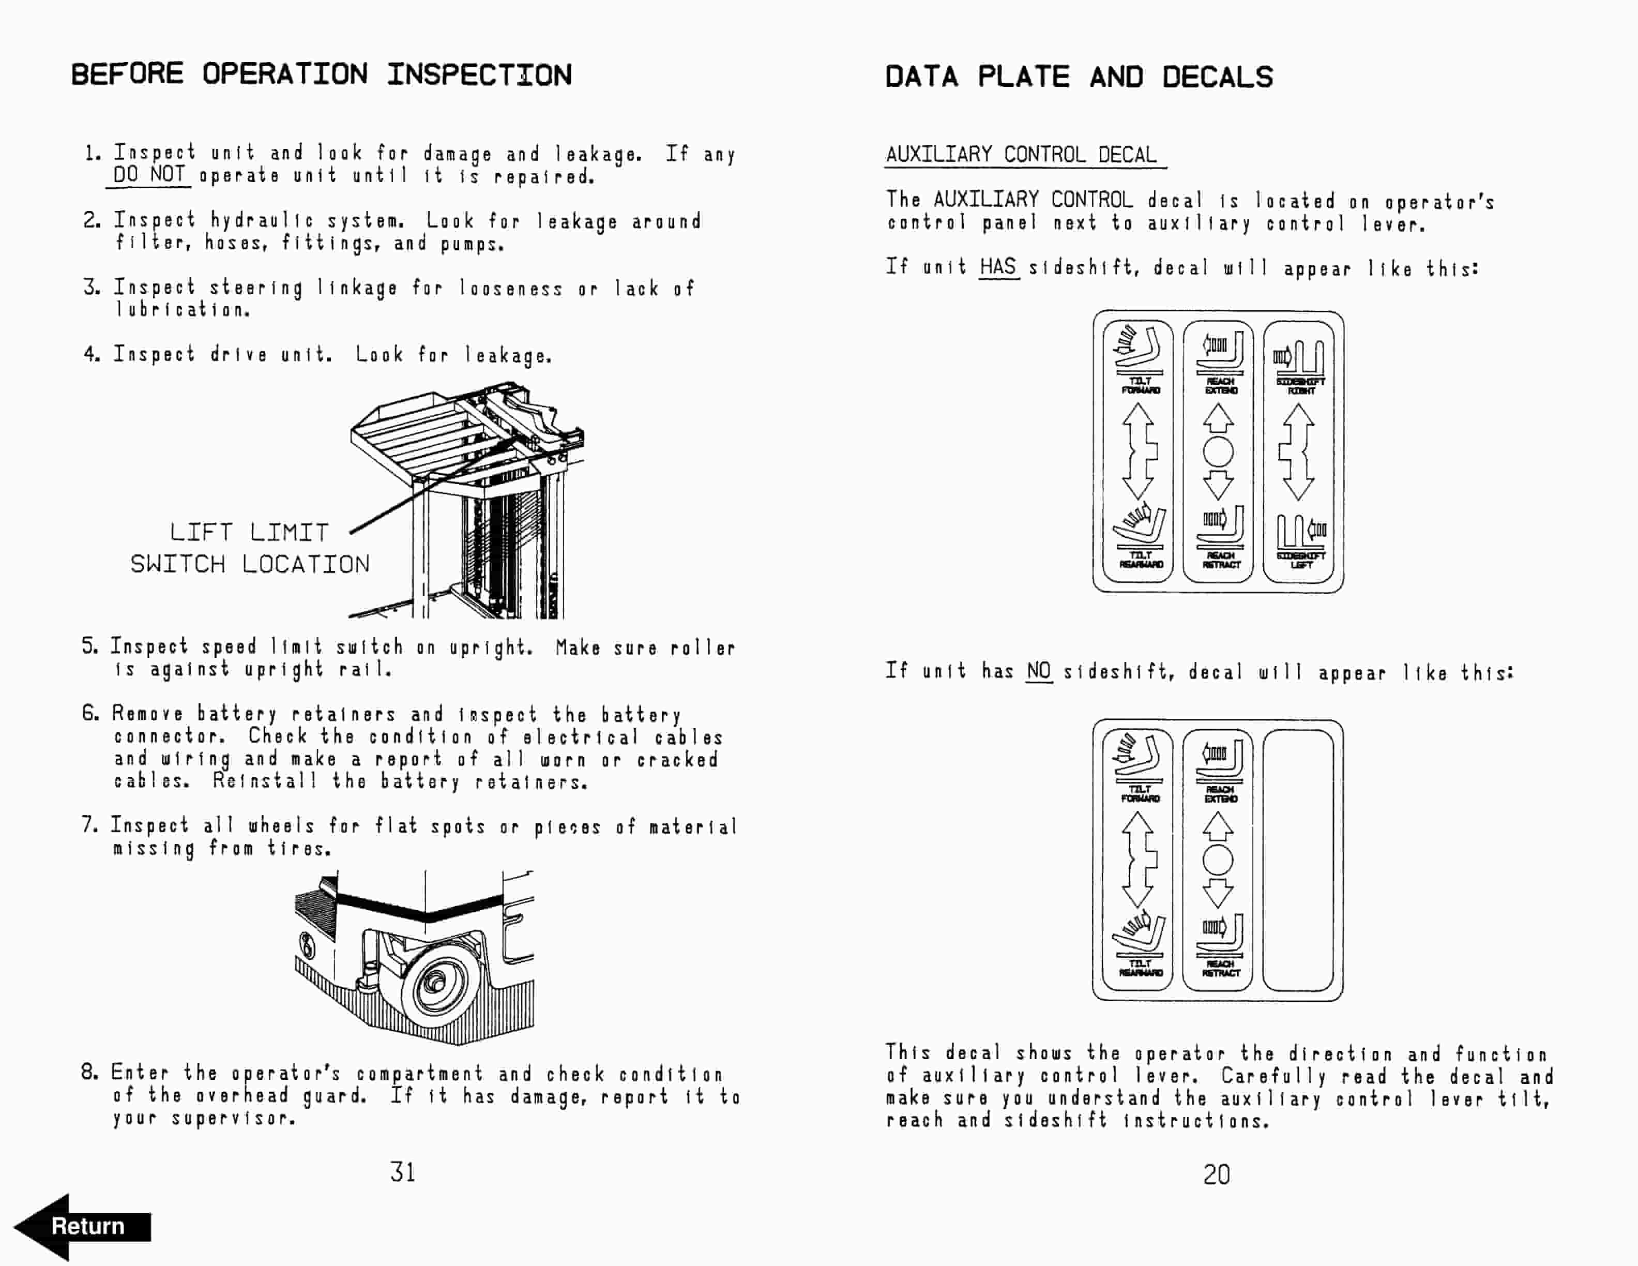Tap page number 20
click(x=1217, y=1174)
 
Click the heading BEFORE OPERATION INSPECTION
click(x=321, y=75)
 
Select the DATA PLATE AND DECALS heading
click(x=1079, y=77)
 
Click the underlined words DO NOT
click(x=148, y=175)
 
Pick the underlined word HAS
click(x=998, y=267)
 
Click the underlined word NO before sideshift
click(x=1039, y=671)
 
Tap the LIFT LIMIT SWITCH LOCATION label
click(x=250, y=548)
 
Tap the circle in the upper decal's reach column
click(x=1218, y=452)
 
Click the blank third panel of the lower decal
click(x=1298, y=860)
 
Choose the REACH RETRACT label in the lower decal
click(x=1220, y=968)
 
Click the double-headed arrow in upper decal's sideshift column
click(x=1298, y=452)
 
